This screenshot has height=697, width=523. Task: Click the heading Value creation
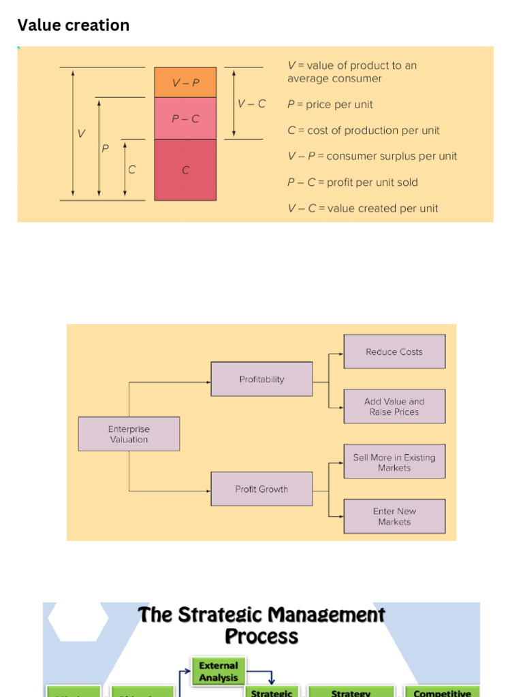coord(73,25)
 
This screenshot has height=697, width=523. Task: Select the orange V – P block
coord(185,82)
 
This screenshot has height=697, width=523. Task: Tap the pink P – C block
coord(185,118)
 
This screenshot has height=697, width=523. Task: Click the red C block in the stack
coord(185,170)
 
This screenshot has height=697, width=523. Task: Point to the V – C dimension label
coord(251,104)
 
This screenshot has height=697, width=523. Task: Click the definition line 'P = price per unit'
coord(330,105)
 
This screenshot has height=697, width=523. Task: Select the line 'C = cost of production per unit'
coord(364,131)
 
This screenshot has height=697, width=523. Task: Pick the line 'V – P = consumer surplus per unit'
coord(372,157)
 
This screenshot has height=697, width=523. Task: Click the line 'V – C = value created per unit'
coord(363,208)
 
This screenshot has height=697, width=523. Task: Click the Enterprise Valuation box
coord(129,434)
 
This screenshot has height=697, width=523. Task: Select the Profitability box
coord(261,379)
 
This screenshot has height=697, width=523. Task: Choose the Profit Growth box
coord(261,489)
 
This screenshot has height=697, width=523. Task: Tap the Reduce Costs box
coord(394,352)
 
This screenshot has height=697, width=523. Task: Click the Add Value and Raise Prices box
coord(394,406)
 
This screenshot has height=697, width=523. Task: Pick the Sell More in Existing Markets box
coord(394,462)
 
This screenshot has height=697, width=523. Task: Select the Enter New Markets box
coord(394,517)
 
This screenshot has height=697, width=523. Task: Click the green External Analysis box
coord(219,671)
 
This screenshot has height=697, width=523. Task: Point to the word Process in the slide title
coord(261,637)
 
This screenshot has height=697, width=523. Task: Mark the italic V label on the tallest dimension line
coord(82,134)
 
